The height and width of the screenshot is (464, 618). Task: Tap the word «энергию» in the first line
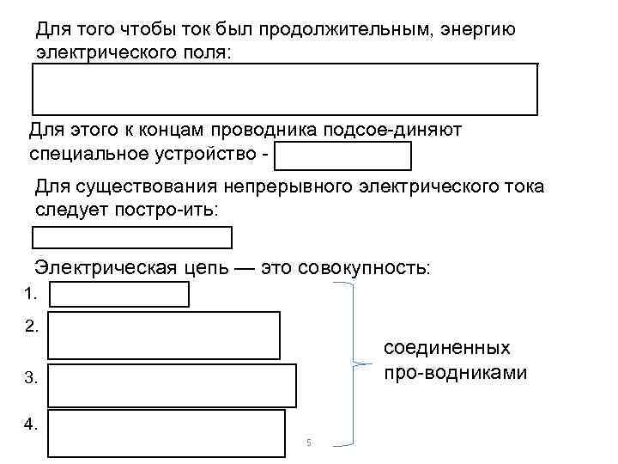pos(479,31)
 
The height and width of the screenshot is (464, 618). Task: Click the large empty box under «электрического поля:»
pos(285,89)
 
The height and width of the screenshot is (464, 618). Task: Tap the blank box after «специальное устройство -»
pos(344,156)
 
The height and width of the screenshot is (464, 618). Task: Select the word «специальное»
pos(89,156)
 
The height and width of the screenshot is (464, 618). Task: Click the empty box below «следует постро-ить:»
pos(132,236)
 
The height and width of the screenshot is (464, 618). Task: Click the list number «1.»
pos(32,294)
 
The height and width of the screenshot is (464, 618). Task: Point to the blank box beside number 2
pos(164,335)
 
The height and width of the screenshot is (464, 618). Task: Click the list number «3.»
pos(32,377)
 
